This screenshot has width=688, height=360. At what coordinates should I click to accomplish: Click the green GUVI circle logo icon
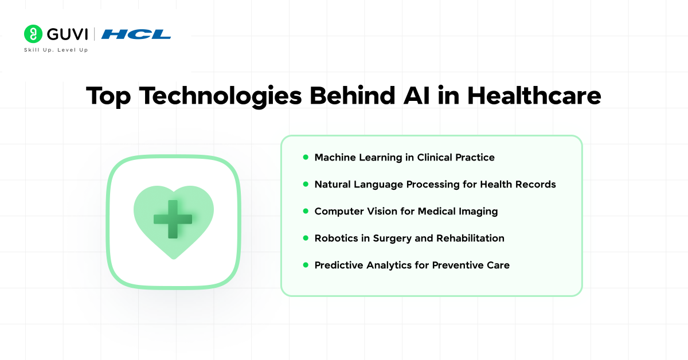click(33, 34)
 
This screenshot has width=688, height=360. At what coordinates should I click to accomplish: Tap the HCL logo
click(136, 34)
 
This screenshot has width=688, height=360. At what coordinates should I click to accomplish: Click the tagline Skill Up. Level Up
click(56, 50)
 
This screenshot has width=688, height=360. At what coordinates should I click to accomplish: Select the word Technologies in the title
click(221, 96)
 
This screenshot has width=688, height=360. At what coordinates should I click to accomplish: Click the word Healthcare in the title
click(534, 96)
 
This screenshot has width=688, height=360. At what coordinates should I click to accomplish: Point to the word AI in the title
click(416, 96)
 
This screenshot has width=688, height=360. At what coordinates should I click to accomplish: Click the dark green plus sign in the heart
click(173, 219)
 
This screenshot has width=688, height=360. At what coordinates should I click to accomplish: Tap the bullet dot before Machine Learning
click(306, 157)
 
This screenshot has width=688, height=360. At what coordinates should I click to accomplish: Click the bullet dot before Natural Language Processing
click(306, 184)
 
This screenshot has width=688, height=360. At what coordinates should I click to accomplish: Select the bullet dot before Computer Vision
click(306, 211)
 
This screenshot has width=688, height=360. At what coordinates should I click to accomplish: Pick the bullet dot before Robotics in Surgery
click(306, 238)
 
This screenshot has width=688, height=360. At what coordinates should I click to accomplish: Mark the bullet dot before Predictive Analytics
click(306, 265)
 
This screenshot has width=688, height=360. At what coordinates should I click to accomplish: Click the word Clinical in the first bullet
click(435, 157)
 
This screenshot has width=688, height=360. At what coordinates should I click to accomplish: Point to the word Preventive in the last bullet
click(458, 265)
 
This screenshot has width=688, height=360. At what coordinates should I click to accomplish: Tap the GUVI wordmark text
click(68, 34)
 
